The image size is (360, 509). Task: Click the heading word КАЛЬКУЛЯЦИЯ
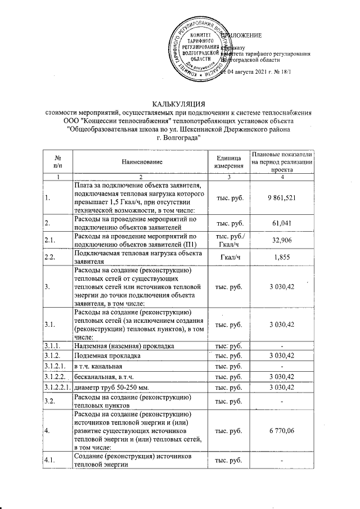(179, 103)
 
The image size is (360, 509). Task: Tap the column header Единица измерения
(228, 162)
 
